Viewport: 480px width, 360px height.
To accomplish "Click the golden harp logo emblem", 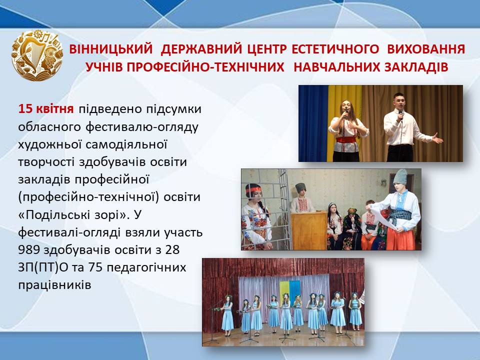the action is pyautogui.click(x=37, y=55).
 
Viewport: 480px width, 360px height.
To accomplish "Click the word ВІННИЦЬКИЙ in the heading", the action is pyautogui.click(x=111, y=49).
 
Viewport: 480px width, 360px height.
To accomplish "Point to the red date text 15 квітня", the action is pyautogui.click(x=46, y=108).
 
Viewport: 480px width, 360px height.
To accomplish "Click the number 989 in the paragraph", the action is pyautogui.click(x=29, y=250).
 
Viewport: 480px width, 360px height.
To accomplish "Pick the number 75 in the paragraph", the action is pyautogui.click(x=95, y=267).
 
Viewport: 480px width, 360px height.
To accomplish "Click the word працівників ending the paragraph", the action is pyautogui.click(x=55, y=285).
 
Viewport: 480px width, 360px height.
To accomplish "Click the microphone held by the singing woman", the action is pyautogui.click(x=345, y=113).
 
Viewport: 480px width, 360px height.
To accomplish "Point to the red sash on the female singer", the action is pyautogui.click(x=346, y=140).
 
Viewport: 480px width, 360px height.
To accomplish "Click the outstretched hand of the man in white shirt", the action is pyautogui.click(x=438, y=138).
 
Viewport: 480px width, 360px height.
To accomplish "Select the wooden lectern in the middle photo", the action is pyautogui.click(x=308, y=230).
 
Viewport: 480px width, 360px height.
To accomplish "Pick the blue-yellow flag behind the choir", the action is pyautogui.click(x=289, y=290).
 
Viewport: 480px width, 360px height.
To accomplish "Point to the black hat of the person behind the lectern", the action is pyautogui.click(x=301, y=188).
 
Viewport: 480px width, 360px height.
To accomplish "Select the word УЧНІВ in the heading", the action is pyautogui.click(x=104, y=67).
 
